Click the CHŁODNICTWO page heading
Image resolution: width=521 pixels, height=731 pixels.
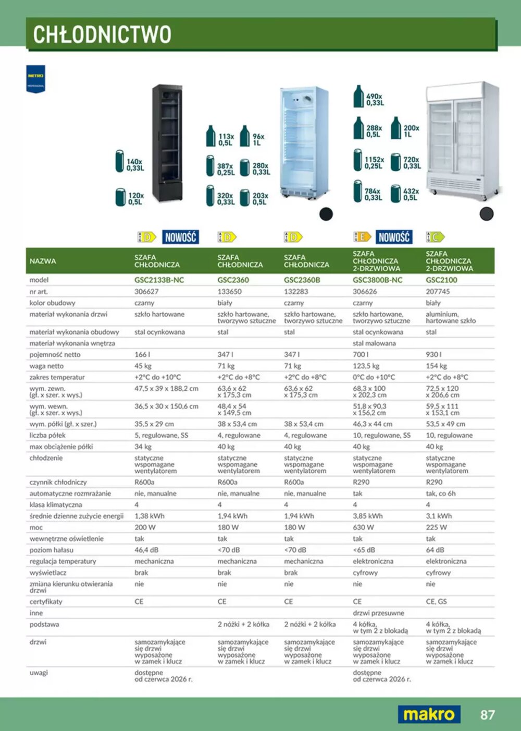click(102, 34)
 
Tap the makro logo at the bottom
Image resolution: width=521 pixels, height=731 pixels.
click(429, 714)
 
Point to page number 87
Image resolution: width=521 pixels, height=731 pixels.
click(487, 715)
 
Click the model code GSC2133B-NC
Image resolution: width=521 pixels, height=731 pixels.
click(159, 280)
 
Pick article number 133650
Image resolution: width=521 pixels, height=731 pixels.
click(229, 292)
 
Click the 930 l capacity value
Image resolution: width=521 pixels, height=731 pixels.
click(433, 354)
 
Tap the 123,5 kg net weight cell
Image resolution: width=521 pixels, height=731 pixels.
click(366, 366)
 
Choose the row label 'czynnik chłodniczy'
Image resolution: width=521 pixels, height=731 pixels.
click(58, 482)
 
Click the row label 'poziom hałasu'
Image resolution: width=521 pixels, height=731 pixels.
click(52, 550)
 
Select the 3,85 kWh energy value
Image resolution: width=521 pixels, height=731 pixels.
click(367, 516)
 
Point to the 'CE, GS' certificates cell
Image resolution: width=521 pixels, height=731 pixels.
click(436, 602)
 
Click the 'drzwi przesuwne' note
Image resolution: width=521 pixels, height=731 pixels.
click(378, 613)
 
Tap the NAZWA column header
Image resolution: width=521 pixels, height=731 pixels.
click(43, 261)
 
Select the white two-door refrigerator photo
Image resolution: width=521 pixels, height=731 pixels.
click(462, 141)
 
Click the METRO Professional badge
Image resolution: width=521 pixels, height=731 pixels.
click(35, 79)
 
